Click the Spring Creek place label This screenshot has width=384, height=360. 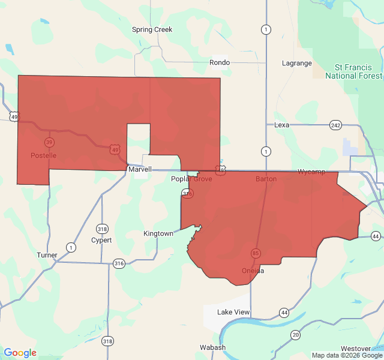152,29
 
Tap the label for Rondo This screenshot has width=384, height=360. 220,62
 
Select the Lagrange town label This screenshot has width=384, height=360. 297,63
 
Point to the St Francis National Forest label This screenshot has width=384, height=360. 353,71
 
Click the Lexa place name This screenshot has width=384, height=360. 281,125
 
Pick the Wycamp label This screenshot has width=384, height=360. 311,172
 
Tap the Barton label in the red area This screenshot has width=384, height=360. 266,179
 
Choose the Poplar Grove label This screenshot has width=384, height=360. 191,179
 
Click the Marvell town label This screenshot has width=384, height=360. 140,170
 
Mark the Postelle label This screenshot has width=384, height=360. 43,155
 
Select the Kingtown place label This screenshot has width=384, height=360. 158,233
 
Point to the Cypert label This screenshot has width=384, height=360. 101,240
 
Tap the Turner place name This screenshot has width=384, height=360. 47,255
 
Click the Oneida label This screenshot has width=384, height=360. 253,271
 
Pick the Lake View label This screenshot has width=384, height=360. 233,312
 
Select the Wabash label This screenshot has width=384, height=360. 212,347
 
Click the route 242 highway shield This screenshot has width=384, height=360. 335,125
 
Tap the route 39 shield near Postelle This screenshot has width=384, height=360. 49,142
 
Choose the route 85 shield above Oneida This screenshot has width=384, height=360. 256,253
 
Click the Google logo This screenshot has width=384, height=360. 20,353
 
